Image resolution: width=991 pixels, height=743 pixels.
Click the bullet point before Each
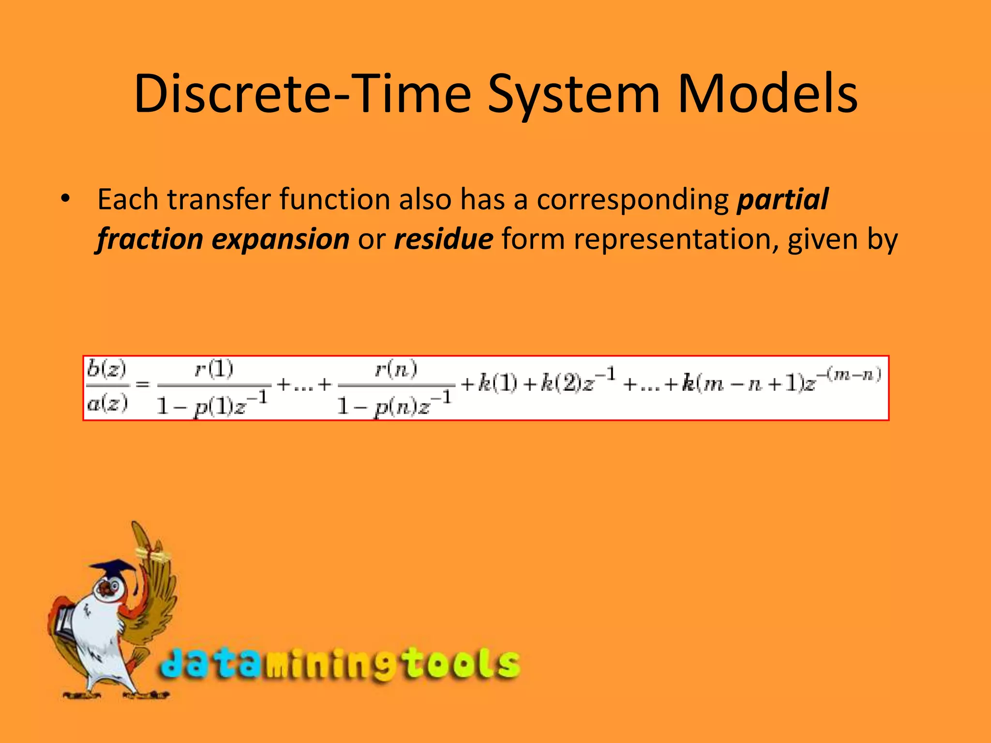click(65, 199)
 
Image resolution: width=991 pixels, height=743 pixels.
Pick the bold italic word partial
click(782, 199)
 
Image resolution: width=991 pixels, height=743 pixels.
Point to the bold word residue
click(443, 239)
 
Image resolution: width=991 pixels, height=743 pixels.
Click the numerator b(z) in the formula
click(106, 370)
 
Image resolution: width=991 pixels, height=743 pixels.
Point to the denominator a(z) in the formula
click(107, 402)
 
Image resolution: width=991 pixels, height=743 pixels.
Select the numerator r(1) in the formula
click(214, 370)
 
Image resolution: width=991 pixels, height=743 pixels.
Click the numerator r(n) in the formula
click(396, 370)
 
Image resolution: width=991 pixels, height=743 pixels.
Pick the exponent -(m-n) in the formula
click(849, 374)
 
